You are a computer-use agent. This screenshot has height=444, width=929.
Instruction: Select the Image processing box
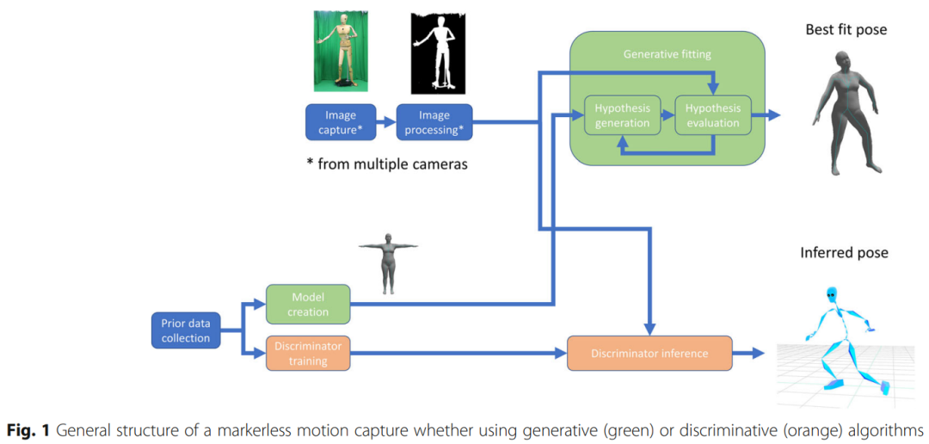[x=434, y=121]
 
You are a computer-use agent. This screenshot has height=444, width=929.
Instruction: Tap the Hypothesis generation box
[x=623, y=115]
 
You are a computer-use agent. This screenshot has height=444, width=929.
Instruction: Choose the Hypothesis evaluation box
[x=713, y=115]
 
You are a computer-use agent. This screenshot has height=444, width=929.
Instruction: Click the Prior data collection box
[x=186, y=330]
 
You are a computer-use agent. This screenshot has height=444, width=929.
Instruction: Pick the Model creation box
[x=308, y=303]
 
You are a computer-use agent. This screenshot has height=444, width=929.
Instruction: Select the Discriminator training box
[x=308, y=353]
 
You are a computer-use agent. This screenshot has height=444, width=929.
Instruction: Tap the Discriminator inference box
[x=649, y=353]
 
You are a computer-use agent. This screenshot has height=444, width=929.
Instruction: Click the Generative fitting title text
[x=667, y=54]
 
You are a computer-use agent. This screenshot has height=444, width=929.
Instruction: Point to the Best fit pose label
[x=846, y=30]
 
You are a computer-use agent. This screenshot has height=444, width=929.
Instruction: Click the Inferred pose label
[x=844, y=253]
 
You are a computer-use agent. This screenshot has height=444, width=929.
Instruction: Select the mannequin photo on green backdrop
[x=341, y=52]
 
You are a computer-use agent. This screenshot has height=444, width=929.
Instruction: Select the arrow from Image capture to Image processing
[x=387, y=122]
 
